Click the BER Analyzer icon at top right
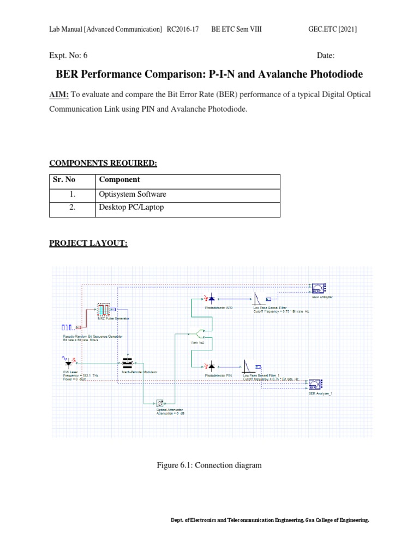click(318, 288)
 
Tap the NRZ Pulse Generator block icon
click(104, 310)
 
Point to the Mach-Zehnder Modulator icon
click(128, 363)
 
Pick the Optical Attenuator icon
click(160, 403)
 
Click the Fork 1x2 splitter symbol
click(201, 332)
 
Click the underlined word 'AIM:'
click(59, 95)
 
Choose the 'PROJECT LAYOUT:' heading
click(88, 244)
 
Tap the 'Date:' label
click(325, 56)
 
